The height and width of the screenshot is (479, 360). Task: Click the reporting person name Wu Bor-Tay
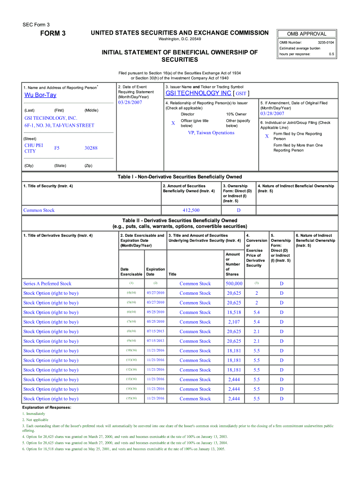40,95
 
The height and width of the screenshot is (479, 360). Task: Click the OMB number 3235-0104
325,43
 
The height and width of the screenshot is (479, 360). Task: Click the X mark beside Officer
173,123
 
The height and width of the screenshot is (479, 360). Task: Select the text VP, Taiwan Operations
211,133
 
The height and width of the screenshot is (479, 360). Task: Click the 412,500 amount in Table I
191,210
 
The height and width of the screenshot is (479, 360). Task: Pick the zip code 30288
91,148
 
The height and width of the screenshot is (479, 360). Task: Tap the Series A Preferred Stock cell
47,283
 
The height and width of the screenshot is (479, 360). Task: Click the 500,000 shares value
234,283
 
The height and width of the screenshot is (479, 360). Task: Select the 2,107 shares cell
234,322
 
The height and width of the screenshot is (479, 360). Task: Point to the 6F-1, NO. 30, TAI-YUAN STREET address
59,125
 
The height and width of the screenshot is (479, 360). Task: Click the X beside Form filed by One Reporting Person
267,136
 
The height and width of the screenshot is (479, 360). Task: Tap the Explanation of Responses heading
46,407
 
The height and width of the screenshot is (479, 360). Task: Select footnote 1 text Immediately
35,414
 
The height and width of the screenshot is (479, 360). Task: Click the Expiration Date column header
155,272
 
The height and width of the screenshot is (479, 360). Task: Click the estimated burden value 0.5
331,54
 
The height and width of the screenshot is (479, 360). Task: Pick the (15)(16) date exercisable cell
131,399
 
